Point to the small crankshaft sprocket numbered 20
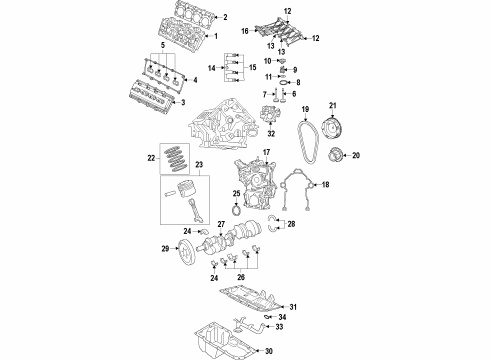(337, 155)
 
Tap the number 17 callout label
(267, 152)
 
